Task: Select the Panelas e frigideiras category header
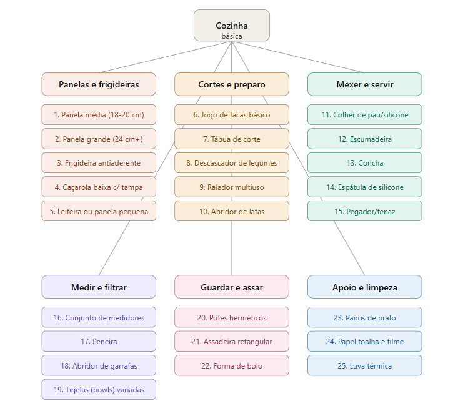point(99,84)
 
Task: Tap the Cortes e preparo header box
point(232,84)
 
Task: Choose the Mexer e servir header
point(364,84)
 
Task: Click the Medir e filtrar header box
point(99,287)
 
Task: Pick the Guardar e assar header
point(232,287)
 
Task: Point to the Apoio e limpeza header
point(364,287)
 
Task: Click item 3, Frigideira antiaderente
point(99,163)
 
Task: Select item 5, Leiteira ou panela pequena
point(99,211)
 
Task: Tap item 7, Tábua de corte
point(232,139)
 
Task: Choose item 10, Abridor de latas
point(232,211)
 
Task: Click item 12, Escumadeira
point(364,139)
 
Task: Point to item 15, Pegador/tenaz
point(364,211)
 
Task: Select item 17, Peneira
point(99,342)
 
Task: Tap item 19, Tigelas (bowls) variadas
point(99,390)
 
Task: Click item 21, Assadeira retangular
point(232,342)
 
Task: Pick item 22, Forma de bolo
point(232,365)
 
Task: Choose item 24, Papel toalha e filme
point(364,342)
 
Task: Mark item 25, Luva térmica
point(364,365)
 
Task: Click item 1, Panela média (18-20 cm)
point(99,115)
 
